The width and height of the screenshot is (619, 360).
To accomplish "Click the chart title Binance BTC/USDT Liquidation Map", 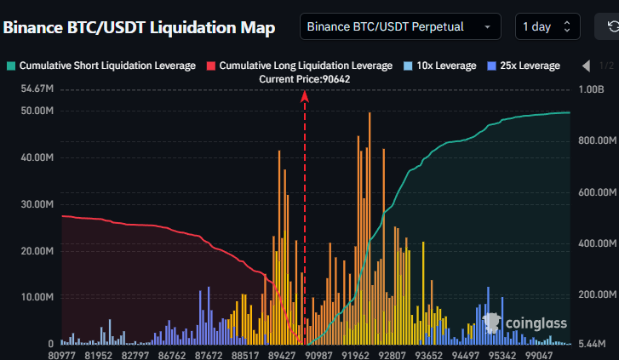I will (139, 27).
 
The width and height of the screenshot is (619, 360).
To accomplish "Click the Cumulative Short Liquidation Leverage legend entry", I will (101, 66).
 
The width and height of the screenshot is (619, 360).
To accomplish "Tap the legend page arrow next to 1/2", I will (586, 66).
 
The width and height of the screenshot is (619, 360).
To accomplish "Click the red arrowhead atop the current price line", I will (305, 96).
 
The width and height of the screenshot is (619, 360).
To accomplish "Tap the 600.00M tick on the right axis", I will (596, 192).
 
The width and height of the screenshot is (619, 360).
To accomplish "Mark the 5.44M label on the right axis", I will (593, 344).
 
